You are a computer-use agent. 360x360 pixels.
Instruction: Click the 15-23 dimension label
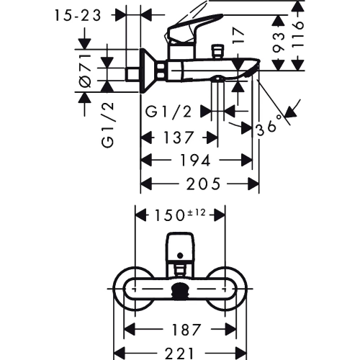click(77, 16)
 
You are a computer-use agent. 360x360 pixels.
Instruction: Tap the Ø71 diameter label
click(85, 71)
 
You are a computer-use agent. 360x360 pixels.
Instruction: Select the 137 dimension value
click(179, 138)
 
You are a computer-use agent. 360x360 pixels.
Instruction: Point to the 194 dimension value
click(195, 160)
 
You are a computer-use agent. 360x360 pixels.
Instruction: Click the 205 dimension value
click(203, 184)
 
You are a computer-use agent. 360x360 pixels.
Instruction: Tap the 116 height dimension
click(298, 35)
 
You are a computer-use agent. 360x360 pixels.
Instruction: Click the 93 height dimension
click(279, 42)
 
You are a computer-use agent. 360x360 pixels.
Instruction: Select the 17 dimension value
click(238, 35)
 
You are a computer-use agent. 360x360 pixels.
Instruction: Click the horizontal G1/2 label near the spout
click(168, 112)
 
